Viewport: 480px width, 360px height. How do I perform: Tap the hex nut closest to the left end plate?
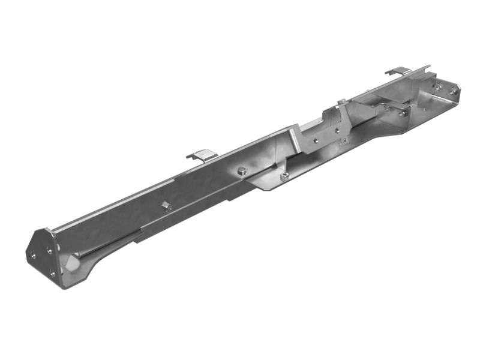coord(166,206)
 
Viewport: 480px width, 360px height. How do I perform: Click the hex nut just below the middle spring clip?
coord(241,171)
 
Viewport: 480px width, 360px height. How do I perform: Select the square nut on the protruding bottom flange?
coord(284,175)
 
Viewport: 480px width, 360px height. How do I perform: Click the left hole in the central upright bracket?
coord(316,141)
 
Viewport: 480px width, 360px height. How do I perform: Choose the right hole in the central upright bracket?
coord(337,128)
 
